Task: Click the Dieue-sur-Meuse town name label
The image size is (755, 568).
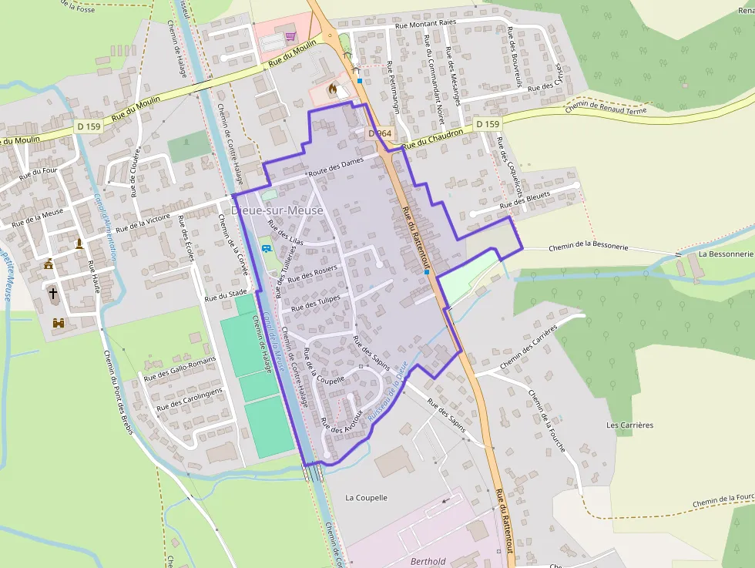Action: tap(277, 210)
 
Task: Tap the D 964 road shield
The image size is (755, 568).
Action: tap(380, 133)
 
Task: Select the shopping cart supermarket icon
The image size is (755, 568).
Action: tap(290, 35)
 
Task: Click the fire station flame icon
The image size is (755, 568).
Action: tap(332, 89)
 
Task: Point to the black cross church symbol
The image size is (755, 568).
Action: tap(53, 293)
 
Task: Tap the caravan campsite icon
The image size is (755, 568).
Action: tap(266, 248)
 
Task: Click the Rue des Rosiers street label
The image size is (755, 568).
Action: tap(313, 273)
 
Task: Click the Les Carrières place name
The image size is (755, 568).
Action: tap(629, 425)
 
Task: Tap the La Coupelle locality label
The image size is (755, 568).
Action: tap(366, 498)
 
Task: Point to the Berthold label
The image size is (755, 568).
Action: tap(428, 562)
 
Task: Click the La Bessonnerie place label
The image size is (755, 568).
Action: tap(725, 254)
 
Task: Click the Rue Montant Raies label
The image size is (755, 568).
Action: tap(425, 24)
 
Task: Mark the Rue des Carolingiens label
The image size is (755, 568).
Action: tap(189, 399)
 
